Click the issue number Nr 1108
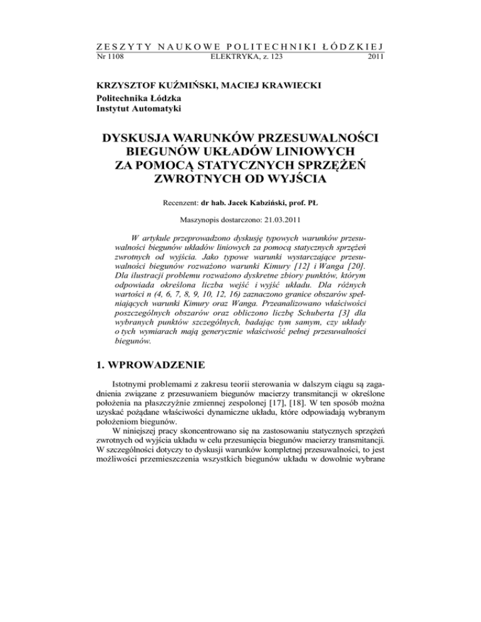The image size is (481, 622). click(110, 57)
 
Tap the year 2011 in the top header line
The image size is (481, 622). click(373, 57)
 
